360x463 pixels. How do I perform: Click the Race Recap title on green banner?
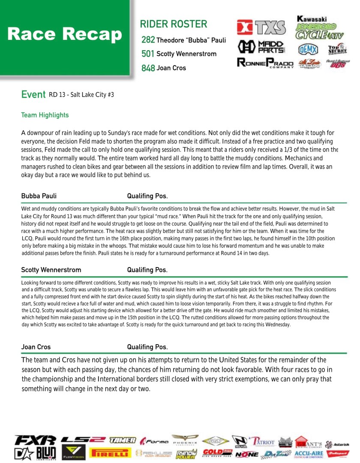65,34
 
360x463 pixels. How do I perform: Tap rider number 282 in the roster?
148,40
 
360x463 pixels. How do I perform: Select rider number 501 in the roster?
148,54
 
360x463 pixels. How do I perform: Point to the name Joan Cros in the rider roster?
171,68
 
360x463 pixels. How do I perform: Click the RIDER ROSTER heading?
173,24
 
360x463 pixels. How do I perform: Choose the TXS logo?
261,27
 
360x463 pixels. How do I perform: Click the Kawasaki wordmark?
312,19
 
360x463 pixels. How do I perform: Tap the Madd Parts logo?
261,46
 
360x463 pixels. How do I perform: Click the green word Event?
33,94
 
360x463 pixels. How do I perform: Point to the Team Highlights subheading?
45,115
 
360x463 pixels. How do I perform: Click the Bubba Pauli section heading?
39,196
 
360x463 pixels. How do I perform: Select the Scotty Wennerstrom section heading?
51,270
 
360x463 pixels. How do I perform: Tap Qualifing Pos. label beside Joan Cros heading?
147,347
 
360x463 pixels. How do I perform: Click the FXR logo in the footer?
35,440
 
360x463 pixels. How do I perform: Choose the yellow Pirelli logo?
110,453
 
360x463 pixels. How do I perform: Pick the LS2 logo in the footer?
83,439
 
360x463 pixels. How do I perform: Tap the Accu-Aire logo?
309,454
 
